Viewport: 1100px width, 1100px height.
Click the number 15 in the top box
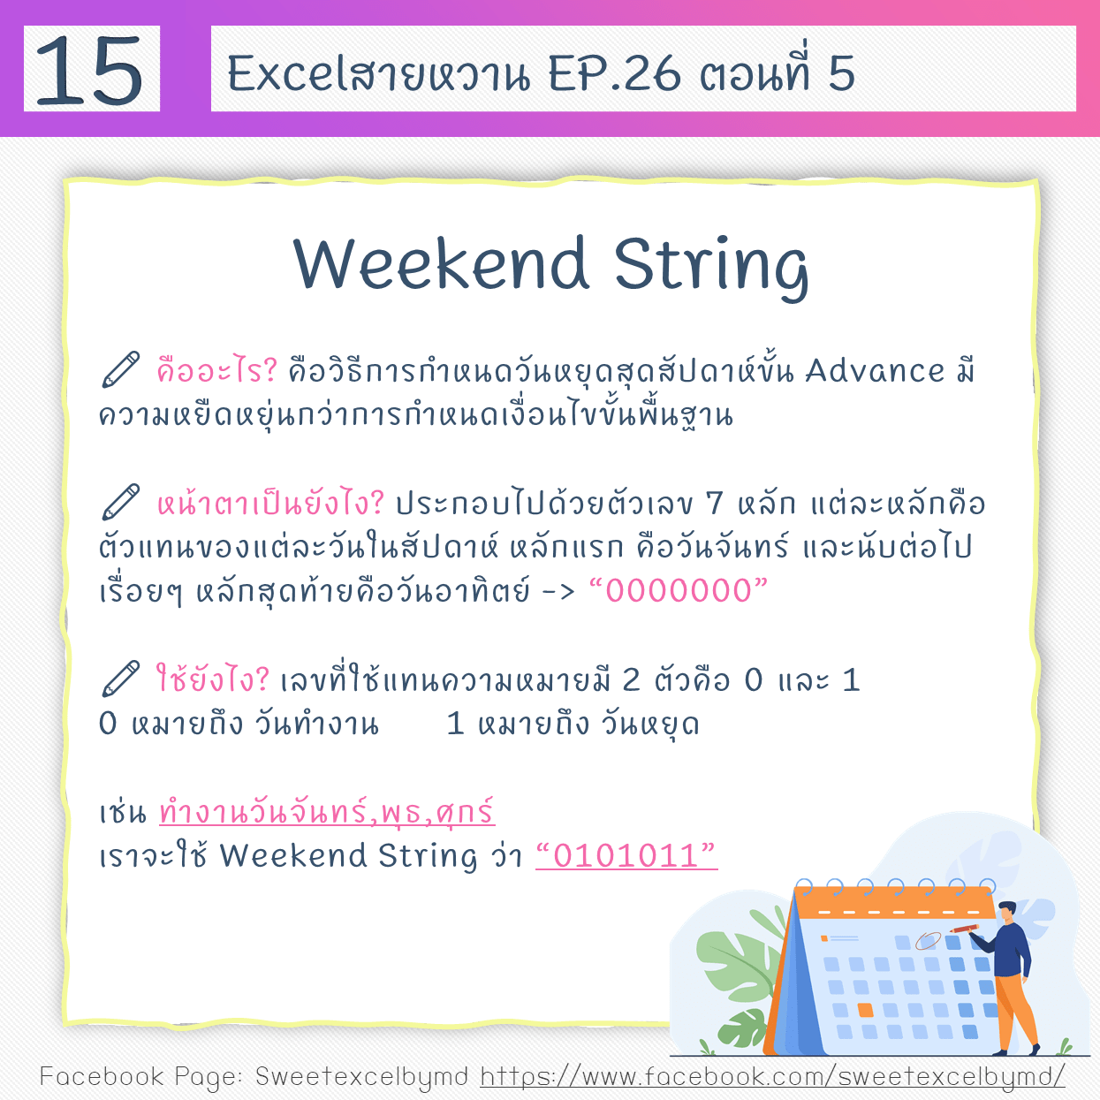click(89, 70)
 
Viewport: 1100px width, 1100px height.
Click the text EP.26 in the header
click(615, 73)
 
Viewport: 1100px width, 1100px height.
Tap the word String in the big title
click(710, 266)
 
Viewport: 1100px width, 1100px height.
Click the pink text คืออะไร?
click(217, 370)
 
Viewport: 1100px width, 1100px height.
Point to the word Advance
click(875, 371)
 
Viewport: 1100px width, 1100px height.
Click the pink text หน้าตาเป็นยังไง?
click(270, 504)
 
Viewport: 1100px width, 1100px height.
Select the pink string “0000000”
click(679, 590)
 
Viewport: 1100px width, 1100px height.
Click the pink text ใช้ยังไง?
click(212, 679)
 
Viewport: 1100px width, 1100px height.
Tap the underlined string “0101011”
click(626, 855)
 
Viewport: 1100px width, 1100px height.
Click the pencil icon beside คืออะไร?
click(120, 370)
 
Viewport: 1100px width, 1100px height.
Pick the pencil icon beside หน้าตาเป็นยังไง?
click(120, 503)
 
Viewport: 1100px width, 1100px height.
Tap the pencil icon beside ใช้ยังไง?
click(120, 679)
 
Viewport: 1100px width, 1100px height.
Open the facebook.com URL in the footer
click(772, 1077)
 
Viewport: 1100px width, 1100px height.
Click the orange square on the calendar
click(866, 1009)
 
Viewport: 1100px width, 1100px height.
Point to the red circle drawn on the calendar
click(929, 940)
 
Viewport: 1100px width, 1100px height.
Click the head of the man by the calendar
click(1007, 912)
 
